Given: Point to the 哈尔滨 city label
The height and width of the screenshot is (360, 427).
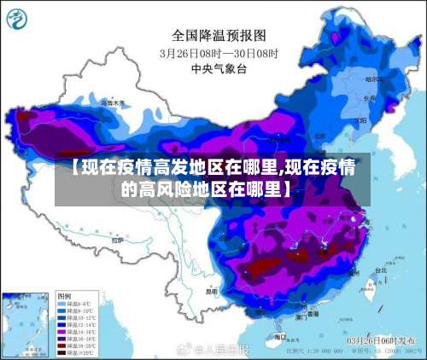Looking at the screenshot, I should [375, 78].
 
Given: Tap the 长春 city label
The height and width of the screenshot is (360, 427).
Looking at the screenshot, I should [369, 97].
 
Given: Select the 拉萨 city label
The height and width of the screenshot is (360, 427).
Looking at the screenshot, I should [120, 241].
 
